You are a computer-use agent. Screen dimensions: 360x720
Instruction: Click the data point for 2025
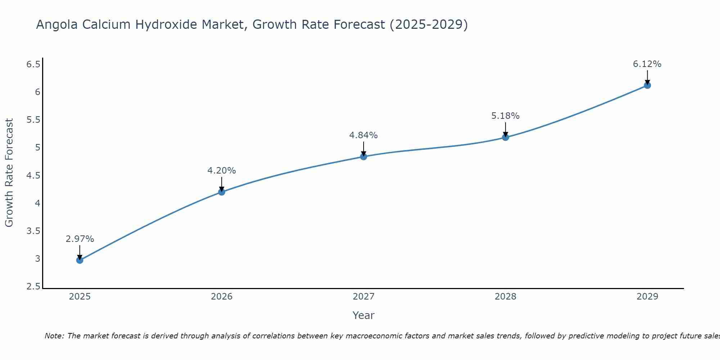[x=80, y=260]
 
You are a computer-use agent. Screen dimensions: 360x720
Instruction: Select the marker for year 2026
[x=221, y=192]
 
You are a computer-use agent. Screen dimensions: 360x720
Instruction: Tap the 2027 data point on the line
[x=363, y=156]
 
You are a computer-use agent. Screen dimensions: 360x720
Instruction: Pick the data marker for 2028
[x=505, y=137]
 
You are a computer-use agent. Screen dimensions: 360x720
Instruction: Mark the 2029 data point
[x=647, y=85]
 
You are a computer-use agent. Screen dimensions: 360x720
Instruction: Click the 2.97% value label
[x=80, y=239]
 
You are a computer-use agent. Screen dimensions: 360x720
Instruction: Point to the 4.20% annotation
[x=221, y=171]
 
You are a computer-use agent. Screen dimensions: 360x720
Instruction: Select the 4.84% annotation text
[x=363, y=135]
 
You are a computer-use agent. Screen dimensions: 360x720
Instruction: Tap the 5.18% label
[x=505, y=116]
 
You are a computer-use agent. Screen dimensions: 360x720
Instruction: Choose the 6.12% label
[x=647, y=64]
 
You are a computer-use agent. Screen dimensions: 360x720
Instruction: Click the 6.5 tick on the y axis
[x=33, y=64]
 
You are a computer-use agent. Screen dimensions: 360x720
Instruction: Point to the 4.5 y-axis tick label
[x=33, y=175]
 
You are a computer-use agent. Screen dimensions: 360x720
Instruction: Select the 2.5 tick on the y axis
[x=33, y=287]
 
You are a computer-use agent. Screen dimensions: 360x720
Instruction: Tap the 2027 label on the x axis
[x=363, y=297]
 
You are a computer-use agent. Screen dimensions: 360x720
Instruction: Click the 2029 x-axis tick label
[x=647, y=297]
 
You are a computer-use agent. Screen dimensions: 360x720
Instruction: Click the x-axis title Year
[x=363, y=315]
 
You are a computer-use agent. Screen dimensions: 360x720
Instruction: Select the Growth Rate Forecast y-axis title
[x=9, y=173]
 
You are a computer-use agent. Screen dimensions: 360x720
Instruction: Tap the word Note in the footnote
[x=54, y=336]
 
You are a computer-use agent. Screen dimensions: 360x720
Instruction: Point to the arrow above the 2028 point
[x=505, y=129]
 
